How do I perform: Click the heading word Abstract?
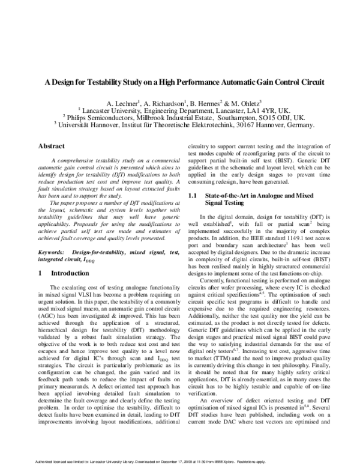52,146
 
